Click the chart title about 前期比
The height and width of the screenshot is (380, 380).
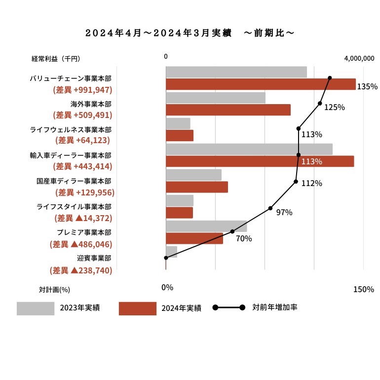point(190,33)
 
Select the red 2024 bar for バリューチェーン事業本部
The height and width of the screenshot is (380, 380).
point(261,84)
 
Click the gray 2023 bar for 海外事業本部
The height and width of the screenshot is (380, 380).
point(216,98)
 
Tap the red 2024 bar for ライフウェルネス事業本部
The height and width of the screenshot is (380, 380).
point(180,136)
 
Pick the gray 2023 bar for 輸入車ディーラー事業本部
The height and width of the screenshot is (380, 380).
point(249,149)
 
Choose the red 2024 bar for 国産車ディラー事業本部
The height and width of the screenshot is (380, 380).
point(197,187)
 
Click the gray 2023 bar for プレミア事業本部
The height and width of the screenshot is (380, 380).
point(206,226)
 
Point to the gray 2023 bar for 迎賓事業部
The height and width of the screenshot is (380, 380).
point(172,252)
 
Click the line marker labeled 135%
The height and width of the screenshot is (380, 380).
point(330,78)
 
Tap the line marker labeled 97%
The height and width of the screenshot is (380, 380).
point(270,208)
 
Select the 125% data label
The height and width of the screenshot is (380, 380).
point(335,107)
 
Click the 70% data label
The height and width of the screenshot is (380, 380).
point(244,238)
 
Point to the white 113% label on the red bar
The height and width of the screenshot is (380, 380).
point(312,161)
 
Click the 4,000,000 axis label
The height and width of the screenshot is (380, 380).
point(359,58)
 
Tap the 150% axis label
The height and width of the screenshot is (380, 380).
point(364,289)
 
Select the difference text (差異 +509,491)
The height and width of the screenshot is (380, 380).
point(82,115)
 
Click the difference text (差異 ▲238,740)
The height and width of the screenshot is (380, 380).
point(81,270)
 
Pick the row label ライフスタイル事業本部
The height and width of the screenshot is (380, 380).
point(74,207)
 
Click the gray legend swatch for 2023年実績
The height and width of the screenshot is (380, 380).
point(36,308)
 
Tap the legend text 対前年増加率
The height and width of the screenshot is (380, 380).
point(275,307)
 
